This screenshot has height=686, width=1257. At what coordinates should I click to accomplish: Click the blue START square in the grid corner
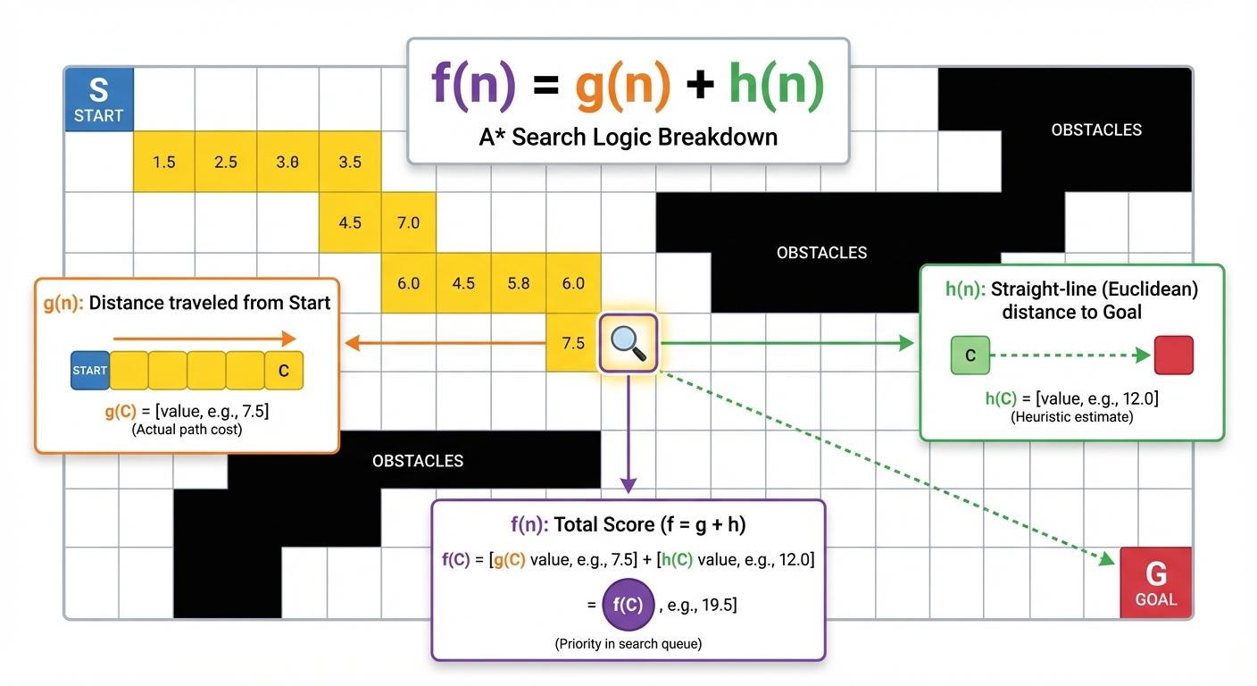(99, 99)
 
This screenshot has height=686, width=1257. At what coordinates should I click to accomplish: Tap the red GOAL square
(1155, 582)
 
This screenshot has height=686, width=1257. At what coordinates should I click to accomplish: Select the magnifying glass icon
(628, 343)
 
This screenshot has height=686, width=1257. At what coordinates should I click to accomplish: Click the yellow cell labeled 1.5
(164, 162)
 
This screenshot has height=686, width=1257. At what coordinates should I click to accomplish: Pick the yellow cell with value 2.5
(226, 162)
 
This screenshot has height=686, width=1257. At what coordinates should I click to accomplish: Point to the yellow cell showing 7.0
(408, 222)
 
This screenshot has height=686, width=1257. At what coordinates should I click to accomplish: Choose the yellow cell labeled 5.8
(518, 283)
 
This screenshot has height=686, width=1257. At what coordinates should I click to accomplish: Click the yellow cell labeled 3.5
(350, 162)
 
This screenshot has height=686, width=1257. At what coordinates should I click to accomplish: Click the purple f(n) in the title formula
(473, 86)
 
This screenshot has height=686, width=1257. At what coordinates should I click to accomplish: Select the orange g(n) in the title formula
(623, 86)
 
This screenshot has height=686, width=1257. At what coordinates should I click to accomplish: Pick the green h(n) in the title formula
(776, 86)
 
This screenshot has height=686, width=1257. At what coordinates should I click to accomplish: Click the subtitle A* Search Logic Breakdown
(628, 137)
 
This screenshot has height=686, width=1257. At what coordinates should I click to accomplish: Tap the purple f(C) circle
(628, 604)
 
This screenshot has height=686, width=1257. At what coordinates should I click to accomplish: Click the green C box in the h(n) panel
(970, 356)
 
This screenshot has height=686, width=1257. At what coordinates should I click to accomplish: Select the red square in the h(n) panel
(1173, 356)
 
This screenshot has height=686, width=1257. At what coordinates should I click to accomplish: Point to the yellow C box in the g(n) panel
(284, 371)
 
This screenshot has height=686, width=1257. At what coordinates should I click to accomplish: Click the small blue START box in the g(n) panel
(89, 371)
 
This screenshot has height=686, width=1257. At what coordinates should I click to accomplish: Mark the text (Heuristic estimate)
(1071, 417)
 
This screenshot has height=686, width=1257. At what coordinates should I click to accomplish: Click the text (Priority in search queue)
(628, 643)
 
